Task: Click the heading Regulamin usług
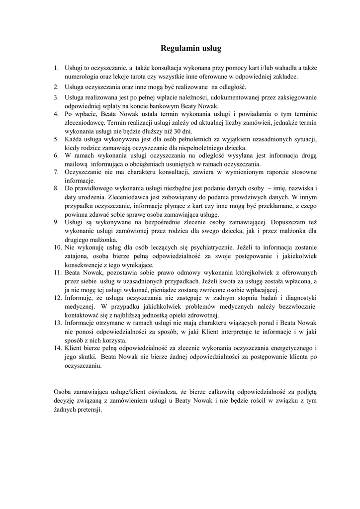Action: pyautogui.click(x=190, y=48)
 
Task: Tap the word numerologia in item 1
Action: pyautogui.click(x=81, y=77)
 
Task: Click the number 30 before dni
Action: pyautogui.click(x=172, y=131)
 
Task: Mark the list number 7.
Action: pyautogui.click(x=56, y=172)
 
